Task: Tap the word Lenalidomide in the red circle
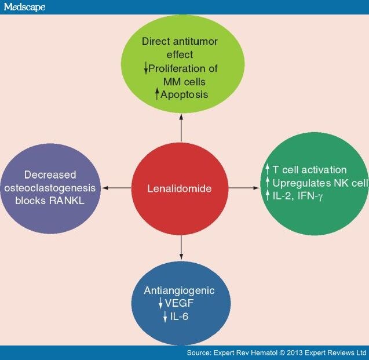click(181, 188)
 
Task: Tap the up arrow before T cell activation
click(268, 169)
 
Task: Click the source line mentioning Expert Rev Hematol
click(277, 352)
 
